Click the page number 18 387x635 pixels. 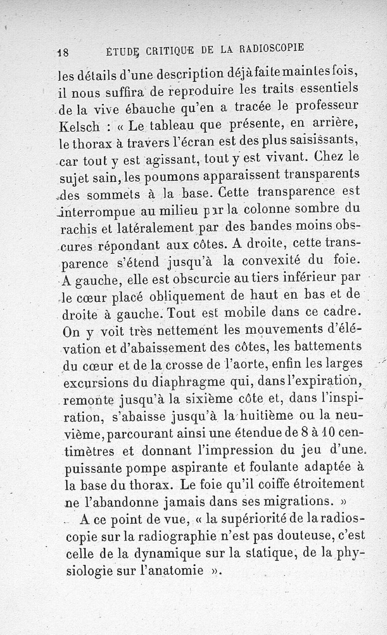[x=63, y=52]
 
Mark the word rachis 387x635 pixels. [x=77, y=227]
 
